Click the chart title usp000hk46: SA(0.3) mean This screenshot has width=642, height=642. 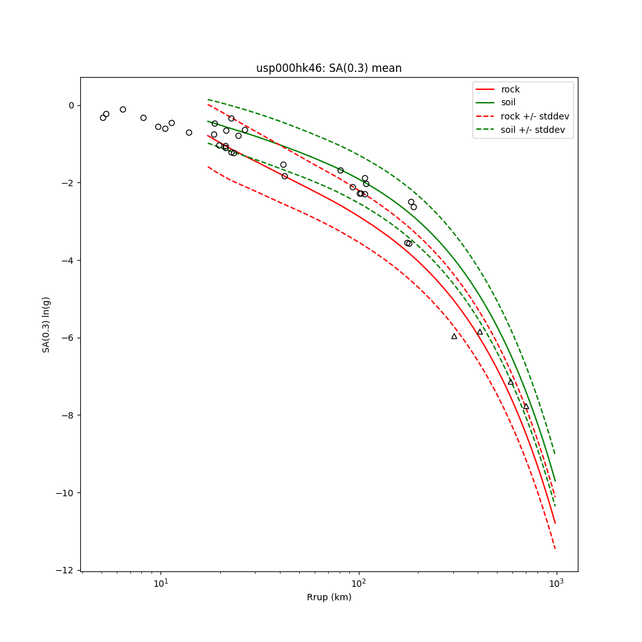[x=329, y=68]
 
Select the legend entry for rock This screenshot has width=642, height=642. [x=510, y=89]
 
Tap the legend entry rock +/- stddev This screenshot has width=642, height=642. [x=535, y=116]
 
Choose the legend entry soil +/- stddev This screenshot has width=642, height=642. [x=534, y=129]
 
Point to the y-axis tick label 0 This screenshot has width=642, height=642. [x=71, y=105]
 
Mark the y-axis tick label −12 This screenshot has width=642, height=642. [x=66, y=570]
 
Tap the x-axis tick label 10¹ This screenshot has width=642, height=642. [x=160, y=582]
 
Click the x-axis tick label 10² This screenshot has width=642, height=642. [x=358, y=582]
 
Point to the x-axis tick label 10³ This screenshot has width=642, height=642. [x=556, y=582]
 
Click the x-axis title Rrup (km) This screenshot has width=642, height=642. [x=329, y=597]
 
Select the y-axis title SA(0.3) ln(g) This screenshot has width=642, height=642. [x=46, y=324]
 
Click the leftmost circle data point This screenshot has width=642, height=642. [x=103, y=117]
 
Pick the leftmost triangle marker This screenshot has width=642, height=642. [x=454, y=336]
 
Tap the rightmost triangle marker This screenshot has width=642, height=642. [x=526, y=406]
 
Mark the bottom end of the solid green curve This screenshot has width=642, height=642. [x=555, y=480]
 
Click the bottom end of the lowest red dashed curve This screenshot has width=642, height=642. [x=555, y=548]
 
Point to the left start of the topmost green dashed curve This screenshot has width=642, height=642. [x=208, y=100]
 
